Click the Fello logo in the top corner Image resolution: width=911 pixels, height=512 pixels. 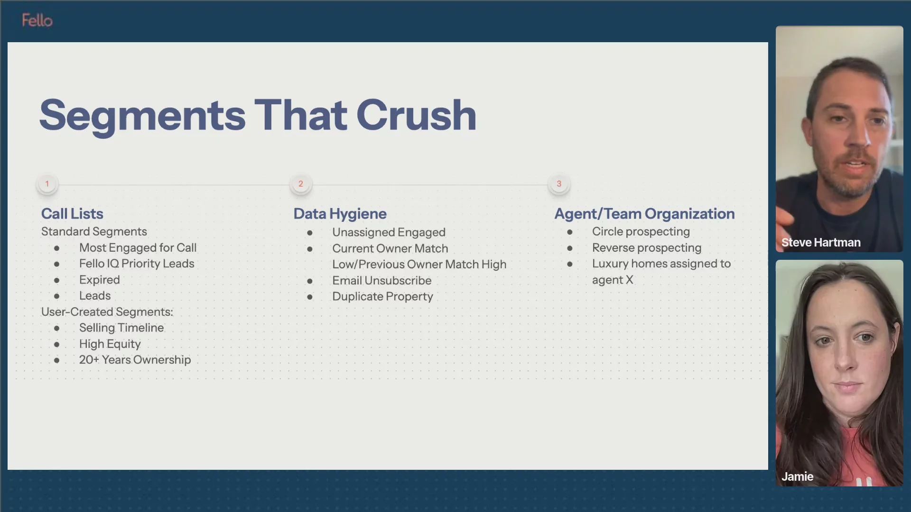(x=37, y=20)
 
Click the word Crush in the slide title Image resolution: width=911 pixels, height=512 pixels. (x=416, y=115)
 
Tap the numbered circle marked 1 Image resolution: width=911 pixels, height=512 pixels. (x=47, y=184)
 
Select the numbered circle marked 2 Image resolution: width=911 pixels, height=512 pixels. (x=301, y=184)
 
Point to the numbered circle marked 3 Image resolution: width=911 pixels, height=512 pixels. (x=559, y=184)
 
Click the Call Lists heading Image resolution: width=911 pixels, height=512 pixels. (x=72, y=214)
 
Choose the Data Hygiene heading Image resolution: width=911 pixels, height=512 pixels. (x=340, y=214)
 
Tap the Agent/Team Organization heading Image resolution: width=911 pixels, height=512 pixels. (x=645, y=214)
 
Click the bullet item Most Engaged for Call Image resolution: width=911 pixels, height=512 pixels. (x=138, y=248)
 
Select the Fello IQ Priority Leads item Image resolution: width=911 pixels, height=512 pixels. (x=137, y=264)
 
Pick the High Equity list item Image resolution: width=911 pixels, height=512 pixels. (x=110, y=344)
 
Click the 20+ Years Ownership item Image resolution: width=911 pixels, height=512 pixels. (x=135, y=360)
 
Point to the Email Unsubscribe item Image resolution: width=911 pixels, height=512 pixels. (x=382, y=281)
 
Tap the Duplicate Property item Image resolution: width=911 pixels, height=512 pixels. (x=383, y=297)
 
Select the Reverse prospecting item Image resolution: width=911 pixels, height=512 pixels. (x=647, y=248)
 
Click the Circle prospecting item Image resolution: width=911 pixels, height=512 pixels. (x=641, y=232)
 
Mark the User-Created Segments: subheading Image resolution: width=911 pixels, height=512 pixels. (x=107, y=312)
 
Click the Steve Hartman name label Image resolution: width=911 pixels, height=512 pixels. (x=821, y=242)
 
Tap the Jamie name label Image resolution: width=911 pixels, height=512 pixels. (x=798, y=476)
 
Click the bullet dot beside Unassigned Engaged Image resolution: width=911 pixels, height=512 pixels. (x=310, y=233)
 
